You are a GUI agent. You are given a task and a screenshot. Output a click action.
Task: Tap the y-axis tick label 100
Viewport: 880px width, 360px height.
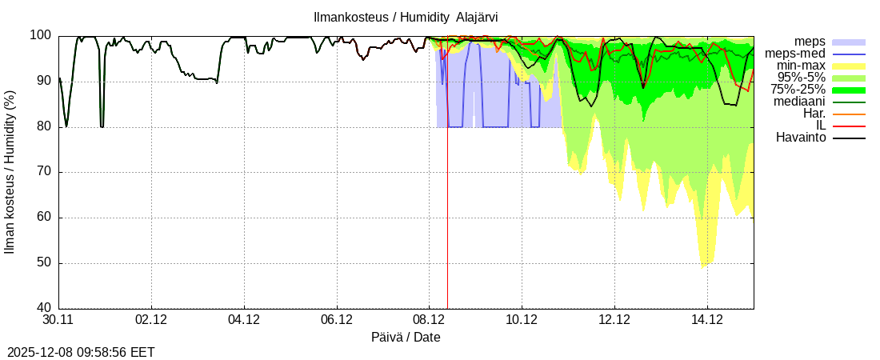[x=41, y=36]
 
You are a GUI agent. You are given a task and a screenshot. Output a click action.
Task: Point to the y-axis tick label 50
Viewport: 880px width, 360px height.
[x=44, y=263]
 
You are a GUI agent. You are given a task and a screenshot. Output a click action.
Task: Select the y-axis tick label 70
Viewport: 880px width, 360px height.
[x=44, y=172]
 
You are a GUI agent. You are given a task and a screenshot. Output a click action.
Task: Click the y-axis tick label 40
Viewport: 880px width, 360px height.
[x=44, y=309]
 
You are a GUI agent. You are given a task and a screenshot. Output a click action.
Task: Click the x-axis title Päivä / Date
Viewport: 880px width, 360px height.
[x=406, y=338]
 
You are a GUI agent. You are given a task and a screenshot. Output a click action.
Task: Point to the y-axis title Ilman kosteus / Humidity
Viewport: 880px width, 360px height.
[x=10, y=172]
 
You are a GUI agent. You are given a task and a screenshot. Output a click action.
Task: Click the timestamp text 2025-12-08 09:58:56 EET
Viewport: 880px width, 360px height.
[x=81, y=352]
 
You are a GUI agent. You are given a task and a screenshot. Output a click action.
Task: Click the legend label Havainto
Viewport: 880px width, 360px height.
[x=801, y=138]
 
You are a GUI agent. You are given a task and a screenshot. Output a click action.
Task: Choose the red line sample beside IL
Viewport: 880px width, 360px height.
[x=849, y=126]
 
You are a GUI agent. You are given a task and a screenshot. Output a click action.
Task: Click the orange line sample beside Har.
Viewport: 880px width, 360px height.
[x=849, y=114]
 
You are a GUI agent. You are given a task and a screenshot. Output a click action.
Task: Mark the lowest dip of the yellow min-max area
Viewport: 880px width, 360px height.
[x=703, y=266]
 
